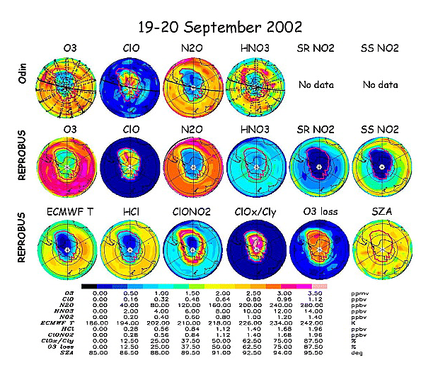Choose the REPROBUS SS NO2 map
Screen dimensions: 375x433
pos(381,165)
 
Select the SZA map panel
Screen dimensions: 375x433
pos(381,249)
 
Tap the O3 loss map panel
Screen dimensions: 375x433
pos(319,249)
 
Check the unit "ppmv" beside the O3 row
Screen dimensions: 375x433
pos(359,291)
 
